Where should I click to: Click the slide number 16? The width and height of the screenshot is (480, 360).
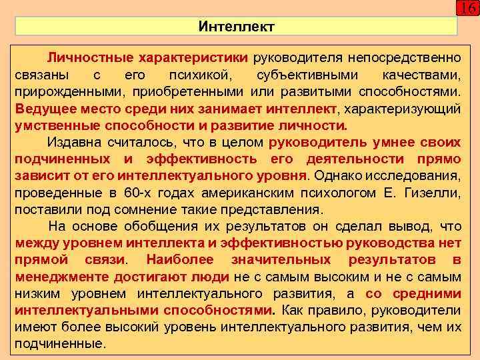coord(467,9)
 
